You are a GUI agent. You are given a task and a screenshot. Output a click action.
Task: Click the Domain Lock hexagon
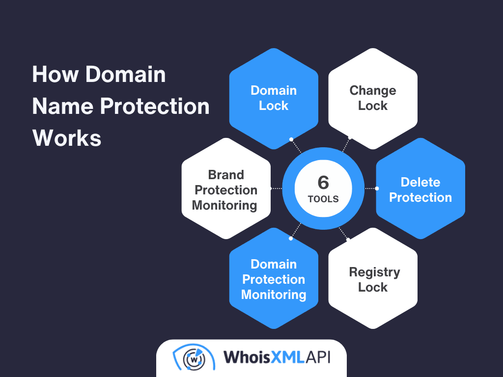(x=274, y=98)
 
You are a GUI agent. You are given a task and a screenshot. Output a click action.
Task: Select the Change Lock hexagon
(x=373, y=98)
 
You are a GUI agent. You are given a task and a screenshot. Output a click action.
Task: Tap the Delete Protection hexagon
(x=420, y=189)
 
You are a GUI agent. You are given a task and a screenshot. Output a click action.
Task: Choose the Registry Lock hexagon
(x=373, y=279)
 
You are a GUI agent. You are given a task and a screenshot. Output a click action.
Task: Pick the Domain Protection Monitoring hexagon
(x=274, y=279)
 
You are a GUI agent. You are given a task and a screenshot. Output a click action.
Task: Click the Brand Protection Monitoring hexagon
(x=225, y=189)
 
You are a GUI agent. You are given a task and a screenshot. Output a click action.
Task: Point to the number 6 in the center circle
(x=323, y=182)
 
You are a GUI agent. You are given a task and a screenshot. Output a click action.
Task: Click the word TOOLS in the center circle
(x=323, y=199)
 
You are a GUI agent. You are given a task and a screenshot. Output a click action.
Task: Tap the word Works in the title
(x=67, y=138)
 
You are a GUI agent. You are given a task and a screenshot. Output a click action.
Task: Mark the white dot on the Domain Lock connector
(x=291, y=139)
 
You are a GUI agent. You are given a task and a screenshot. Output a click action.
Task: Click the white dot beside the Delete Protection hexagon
(x=377, y=188)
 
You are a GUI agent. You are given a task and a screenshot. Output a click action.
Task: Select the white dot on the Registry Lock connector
(x=349, y=240)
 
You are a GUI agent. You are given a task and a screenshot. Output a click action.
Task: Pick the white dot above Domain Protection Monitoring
(x=291, y=239)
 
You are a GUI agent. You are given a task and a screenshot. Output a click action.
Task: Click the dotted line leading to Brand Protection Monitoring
(x=277, y=188)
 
